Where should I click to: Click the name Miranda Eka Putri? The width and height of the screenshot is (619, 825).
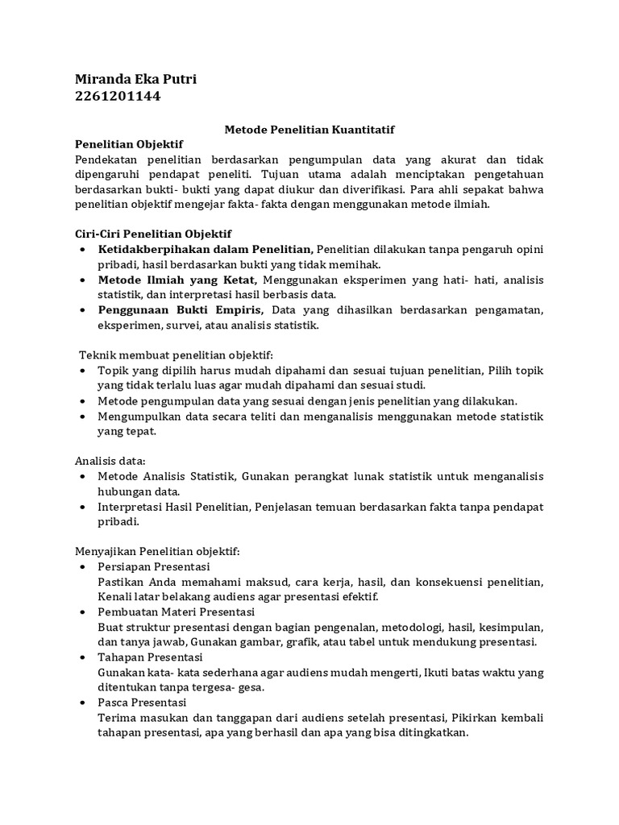[135, 79]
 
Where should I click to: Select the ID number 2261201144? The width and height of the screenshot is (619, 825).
[118, 97]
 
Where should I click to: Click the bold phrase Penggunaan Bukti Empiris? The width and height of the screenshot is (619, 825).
[182, 310]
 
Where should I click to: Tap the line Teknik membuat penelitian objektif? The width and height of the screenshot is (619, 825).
[177, 355]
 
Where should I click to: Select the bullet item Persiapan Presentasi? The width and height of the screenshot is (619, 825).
[153, 567]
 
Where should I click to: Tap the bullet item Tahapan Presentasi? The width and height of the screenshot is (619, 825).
[149, 657]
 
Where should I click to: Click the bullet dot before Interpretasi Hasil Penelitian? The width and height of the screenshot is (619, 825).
[85, 508]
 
